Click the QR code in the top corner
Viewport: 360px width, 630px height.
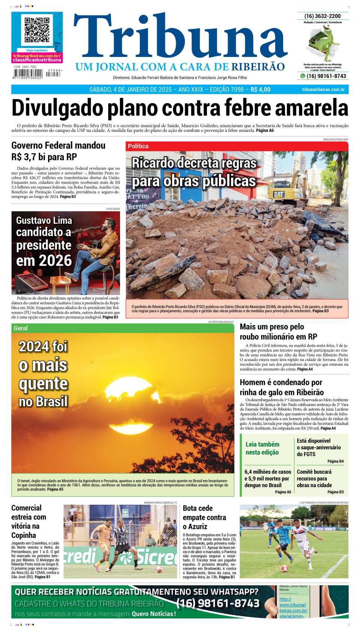point(37,30)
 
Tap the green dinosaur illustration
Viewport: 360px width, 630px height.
point(324,42)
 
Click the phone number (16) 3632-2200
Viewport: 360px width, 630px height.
point(322,16)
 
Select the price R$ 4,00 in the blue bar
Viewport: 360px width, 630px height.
point(260,90)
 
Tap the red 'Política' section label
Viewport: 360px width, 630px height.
point(138,146)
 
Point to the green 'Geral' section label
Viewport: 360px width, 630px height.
point(21,328)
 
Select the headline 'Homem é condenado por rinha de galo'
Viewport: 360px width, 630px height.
point(281,387)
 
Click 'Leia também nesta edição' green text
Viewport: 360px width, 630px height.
point(262,448)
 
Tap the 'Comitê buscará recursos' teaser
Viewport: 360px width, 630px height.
point(314,478)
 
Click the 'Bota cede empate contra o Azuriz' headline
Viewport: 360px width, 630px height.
point(204,517)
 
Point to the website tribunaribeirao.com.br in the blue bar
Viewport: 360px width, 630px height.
point(323,90)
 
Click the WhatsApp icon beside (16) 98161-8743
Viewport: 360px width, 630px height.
point(302,76)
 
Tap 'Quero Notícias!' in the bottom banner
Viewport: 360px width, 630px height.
point(153,614)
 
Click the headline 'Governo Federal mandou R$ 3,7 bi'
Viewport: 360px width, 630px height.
point(58,151)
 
